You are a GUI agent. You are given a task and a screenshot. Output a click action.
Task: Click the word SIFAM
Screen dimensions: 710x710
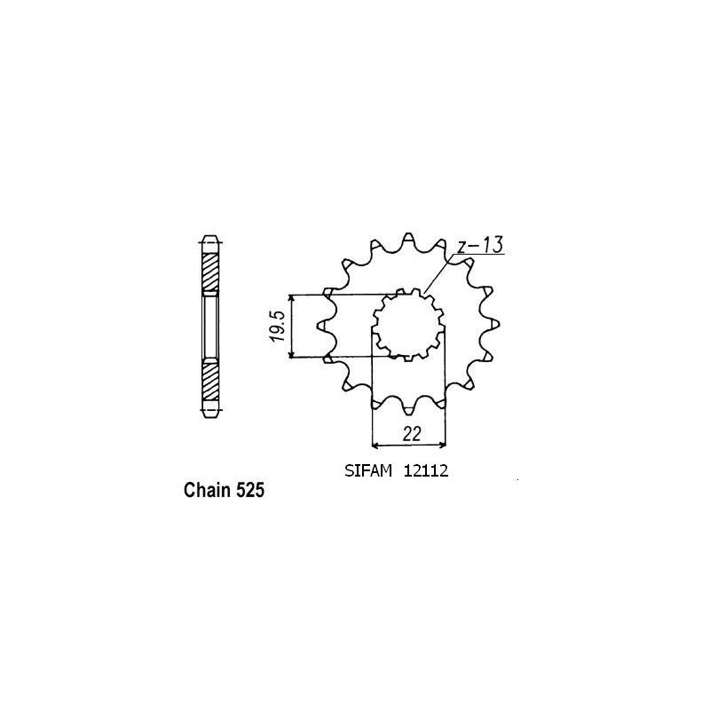pyautogui.click(x=365, y=472)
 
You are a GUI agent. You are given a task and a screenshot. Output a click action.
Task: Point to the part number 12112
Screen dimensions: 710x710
pyautogui.click(x=428, y=472)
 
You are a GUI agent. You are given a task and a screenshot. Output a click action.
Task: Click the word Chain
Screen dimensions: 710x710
pyautogui.click(x=205, y=489)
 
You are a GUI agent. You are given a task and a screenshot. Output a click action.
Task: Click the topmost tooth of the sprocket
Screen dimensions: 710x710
pyautogui.click(x=408, y=240)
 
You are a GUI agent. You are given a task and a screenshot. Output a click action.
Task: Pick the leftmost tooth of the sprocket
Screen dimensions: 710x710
pyautogui.click(x=327, y=325)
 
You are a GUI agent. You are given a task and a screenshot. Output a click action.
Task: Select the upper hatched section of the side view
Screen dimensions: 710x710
pyautogui.click(x=209, y=271)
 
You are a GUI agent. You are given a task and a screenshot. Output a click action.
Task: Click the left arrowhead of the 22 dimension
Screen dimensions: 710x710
pyautogui.click(x=377, y=444)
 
